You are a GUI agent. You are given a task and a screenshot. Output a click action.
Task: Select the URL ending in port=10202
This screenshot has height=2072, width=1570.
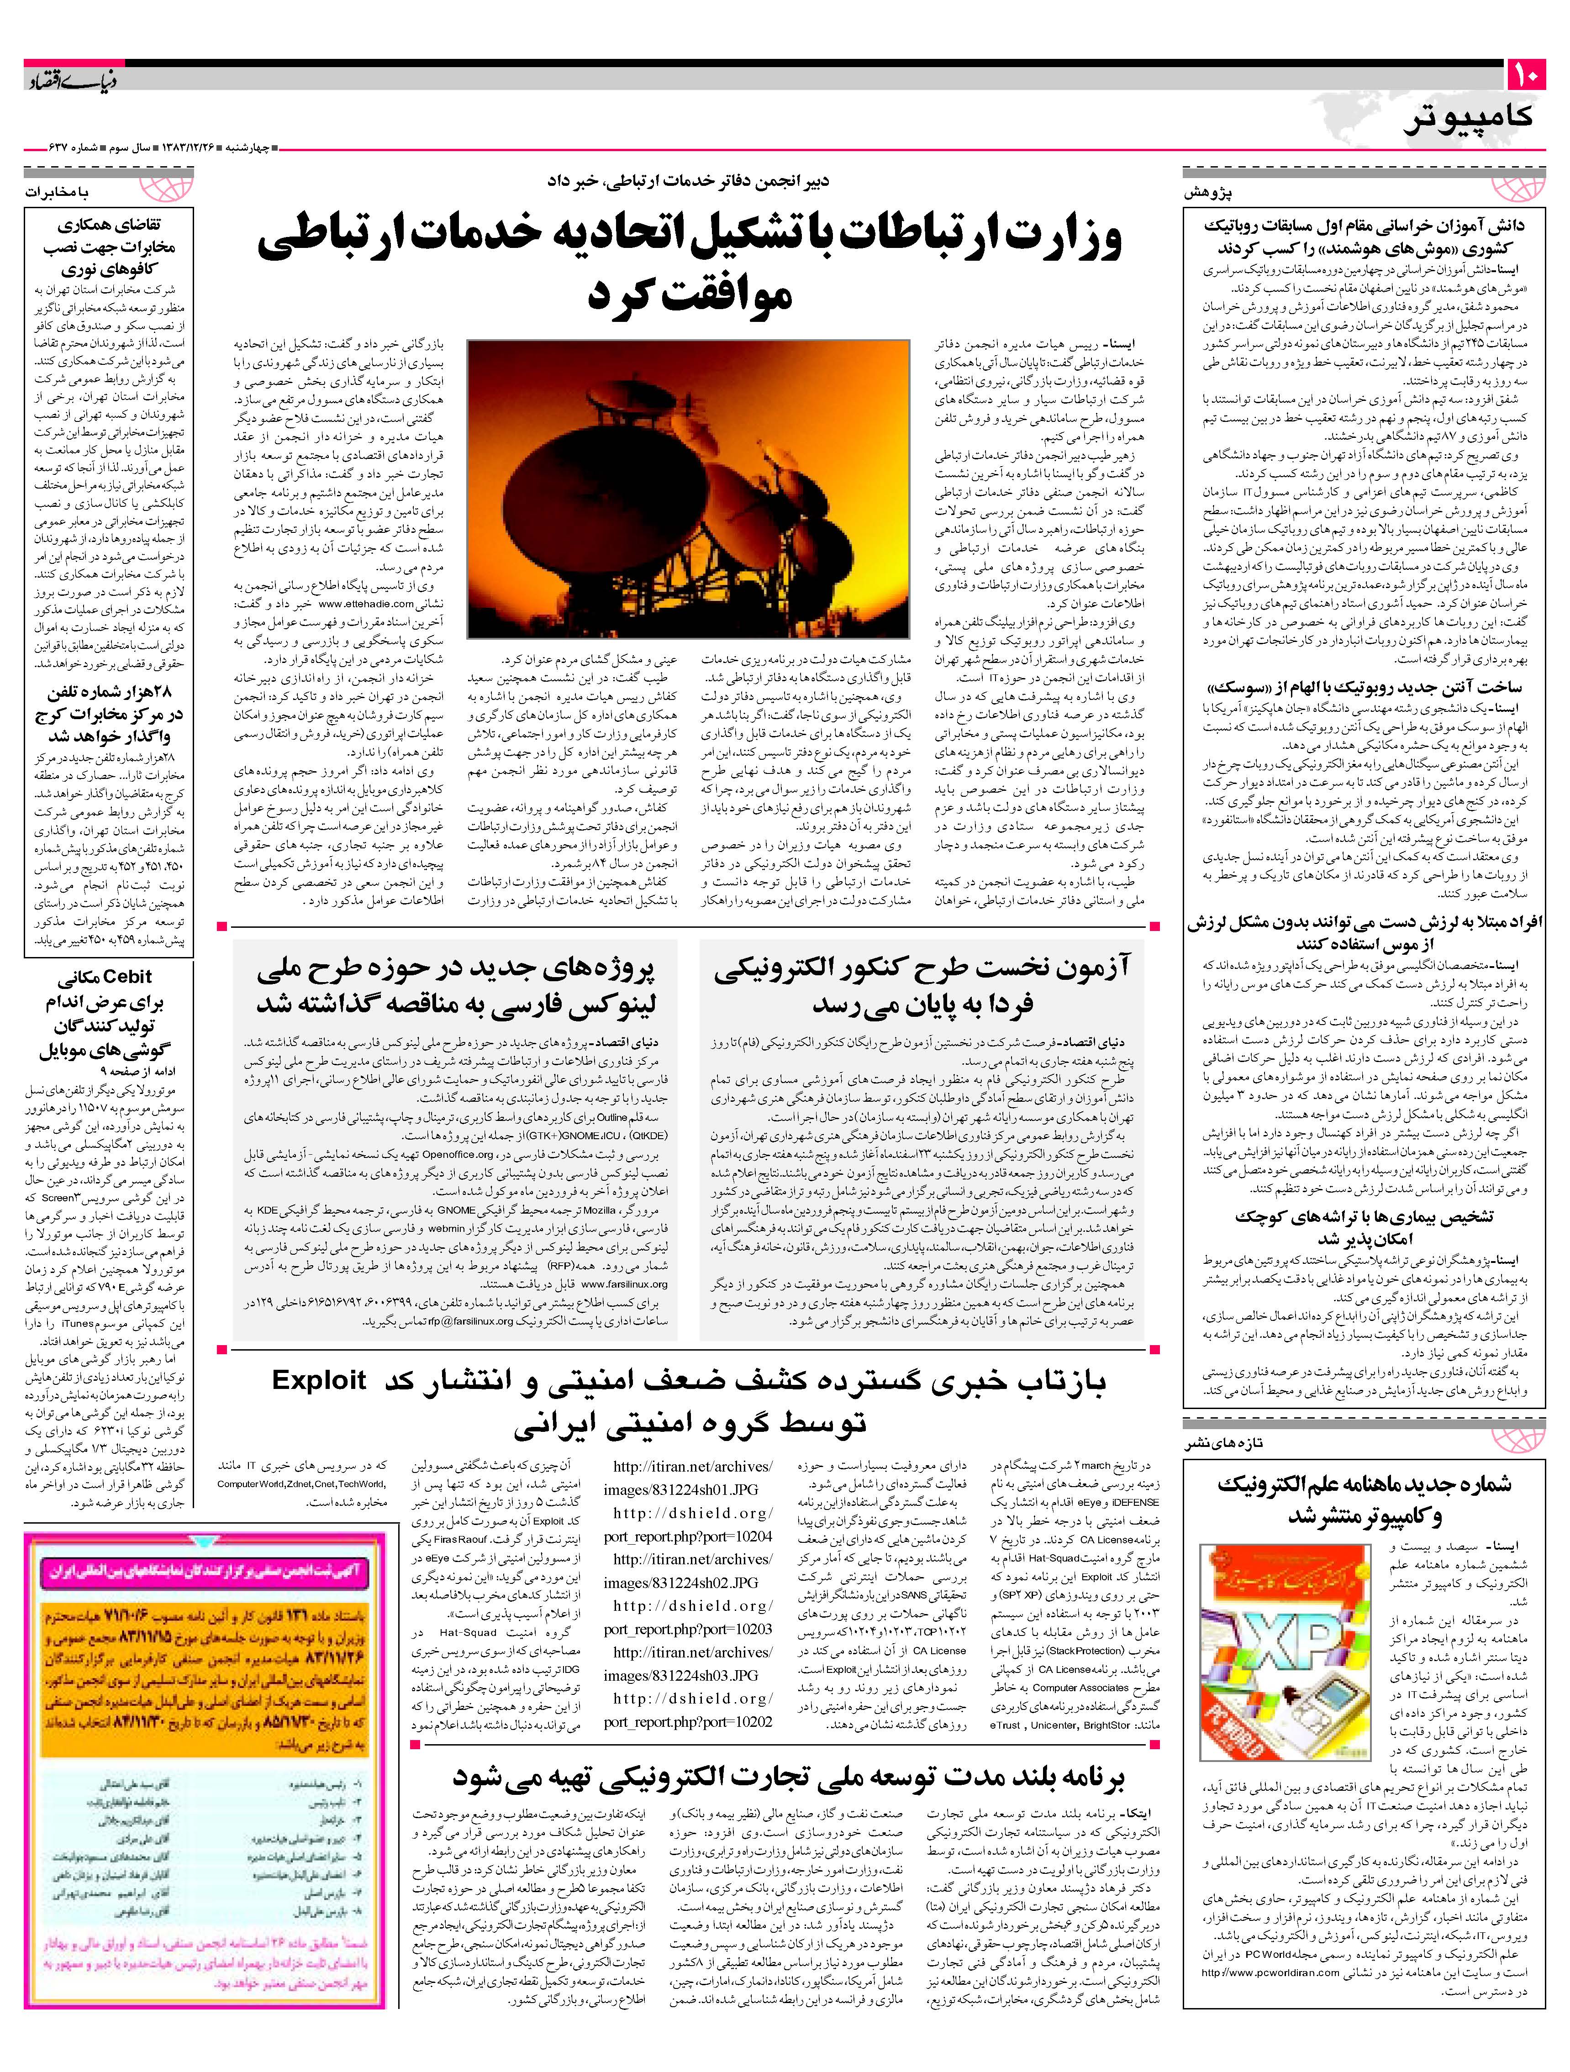(x=689, y=1722)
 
